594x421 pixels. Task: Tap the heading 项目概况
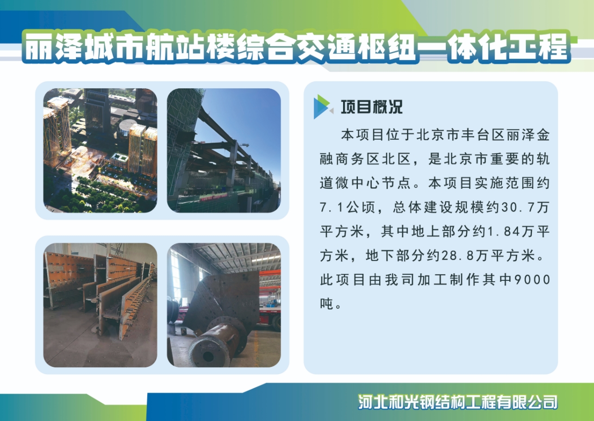tap(372, 107)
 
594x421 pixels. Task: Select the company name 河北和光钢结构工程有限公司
tap(457, 402)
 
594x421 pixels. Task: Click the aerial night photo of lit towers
tap(100, 150)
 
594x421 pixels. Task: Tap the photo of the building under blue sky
tap(224, 150)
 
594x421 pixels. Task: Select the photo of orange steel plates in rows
tap(100, 305)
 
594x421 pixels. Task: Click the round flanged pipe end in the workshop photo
tap(208, 352)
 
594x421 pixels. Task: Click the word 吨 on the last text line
tap(326, 304)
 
